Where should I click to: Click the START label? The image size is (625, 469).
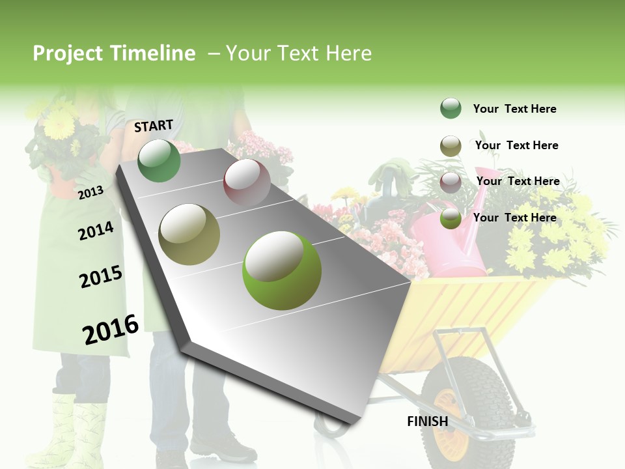click(154, 126)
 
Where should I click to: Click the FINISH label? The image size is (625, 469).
click(427, 421)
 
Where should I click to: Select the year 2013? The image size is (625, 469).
click(90, 192)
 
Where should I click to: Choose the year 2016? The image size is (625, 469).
click(111, 330)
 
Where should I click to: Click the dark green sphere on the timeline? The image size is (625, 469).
click(159, 160)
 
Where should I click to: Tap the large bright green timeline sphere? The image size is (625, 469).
click(282, 270)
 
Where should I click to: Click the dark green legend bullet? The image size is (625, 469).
click(451, 108)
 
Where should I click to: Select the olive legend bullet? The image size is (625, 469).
click(451, 146)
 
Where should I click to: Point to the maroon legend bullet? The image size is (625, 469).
click(451, 181)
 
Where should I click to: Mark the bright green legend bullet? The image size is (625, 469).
click(451, 218)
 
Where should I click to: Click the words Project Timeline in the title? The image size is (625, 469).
click(114, 53)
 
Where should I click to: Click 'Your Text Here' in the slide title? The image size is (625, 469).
click(298, 53)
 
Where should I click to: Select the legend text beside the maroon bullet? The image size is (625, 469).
click(518, 181)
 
